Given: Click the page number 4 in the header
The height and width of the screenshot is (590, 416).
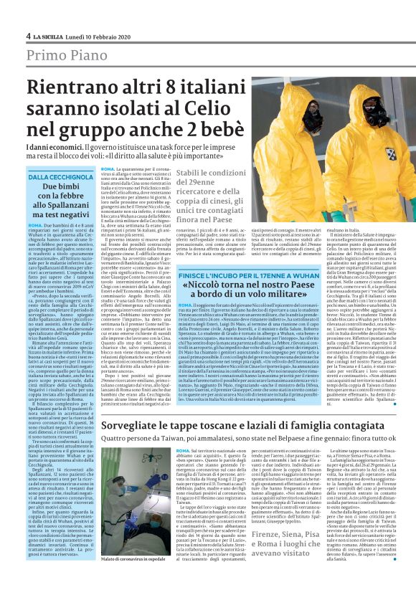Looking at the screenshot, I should [28, 36].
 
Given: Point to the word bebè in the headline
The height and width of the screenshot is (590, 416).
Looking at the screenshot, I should [218, 130].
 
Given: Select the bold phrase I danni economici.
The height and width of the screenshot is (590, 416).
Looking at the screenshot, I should [51, 145].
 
